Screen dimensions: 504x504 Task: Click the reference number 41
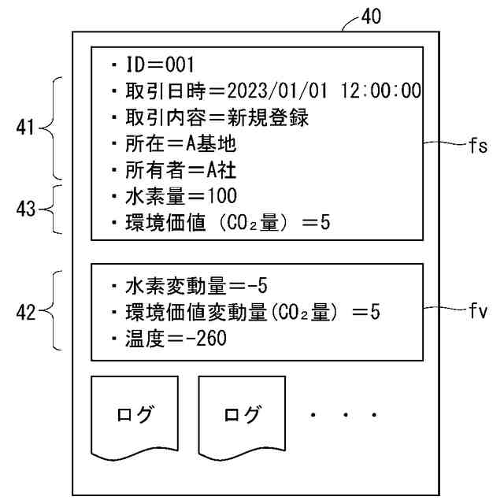tap(26, 128)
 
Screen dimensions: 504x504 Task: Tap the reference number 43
tap(26, 209)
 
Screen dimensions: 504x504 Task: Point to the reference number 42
tap(26, 312)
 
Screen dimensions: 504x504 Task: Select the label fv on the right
tap(477, 311)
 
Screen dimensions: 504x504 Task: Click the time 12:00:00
tap(381, 91)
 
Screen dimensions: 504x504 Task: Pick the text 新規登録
tap(268, 118)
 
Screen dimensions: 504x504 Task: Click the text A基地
tap(208, 144)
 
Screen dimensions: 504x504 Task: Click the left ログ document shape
tap(135, 416)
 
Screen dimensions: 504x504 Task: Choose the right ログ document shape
tap(241, 416)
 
